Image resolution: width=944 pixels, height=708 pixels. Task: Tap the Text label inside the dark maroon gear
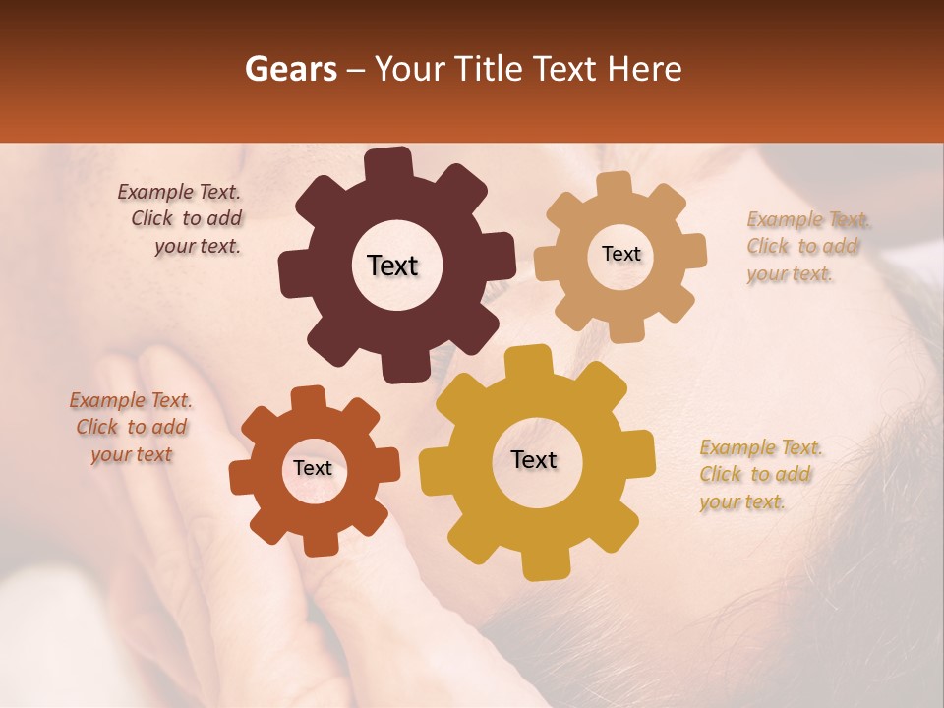392,265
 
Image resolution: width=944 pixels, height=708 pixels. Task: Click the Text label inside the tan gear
620,254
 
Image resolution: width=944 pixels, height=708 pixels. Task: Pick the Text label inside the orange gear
313,469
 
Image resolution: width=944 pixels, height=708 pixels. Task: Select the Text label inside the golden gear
534,460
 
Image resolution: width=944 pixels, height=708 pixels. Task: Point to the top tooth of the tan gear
614,186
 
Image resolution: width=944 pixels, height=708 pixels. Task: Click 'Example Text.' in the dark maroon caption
179,192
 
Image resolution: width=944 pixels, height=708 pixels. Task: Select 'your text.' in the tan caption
790,273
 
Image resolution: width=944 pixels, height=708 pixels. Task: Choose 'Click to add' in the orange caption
132,427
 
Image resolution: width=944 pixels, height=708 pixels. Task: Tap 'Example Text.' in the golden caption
761,448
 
